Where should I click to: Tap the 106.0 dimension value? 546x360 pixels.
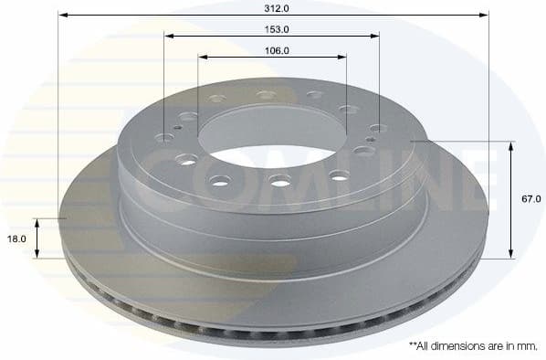click(272, 50)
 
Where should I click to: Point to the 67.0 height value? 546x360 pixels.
click(532, 198)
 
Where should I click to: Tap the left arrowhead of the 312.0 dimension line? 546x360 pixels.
click(61, 15)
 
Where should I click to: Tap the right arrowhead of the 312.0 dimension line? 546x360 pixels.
click(485, 15)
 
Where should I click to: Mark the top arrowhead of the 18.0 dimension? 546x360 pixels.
click(37, 222)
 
